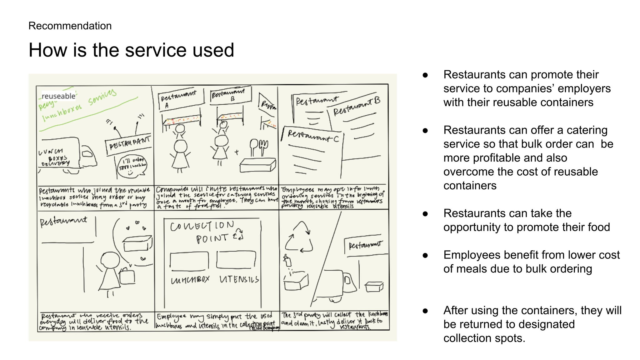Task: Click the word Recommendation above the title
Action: (x=70, y=26)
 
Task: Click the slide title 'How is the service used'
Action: (x=131, y=50)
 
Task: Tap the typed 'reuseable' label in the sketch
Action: (x=58, y=96)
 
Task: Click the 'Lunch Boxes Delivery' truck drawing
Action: (x=67, y=155)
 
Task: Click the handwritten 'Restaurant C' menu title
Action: (x=313, y=136)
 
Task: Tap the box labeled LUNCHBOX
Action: (x=189, y=261)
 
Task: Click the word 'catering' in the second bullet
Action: (x=587, y=130)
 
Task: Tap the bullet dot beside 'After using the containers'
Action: (x=425, y=311)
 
